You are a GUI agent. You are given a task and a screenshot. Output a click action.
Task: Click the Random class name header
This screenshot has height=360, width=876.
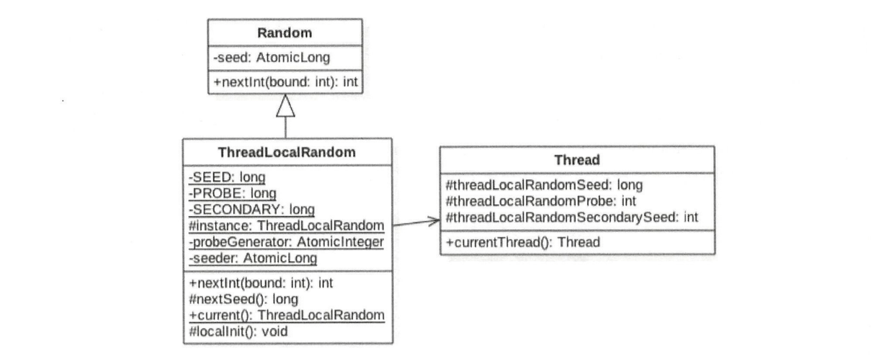click(x=285, y=32)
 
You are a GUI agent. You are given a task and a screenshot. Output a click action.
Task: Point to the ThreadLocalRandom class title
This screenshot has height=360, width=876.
click(x=287, y=153)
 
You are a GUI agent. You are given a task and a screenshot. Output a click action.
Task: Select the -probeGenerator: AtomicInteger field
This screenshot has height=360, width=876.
click(x=285, y=241)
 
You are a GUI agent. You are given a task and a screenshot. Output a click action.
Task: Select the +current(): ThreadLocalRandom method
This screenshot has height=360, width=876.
click(x=285, y=315)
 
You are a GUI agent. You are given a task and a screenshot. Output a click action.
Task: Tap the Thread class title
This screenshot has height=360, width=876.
click(x=576, y=161)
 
